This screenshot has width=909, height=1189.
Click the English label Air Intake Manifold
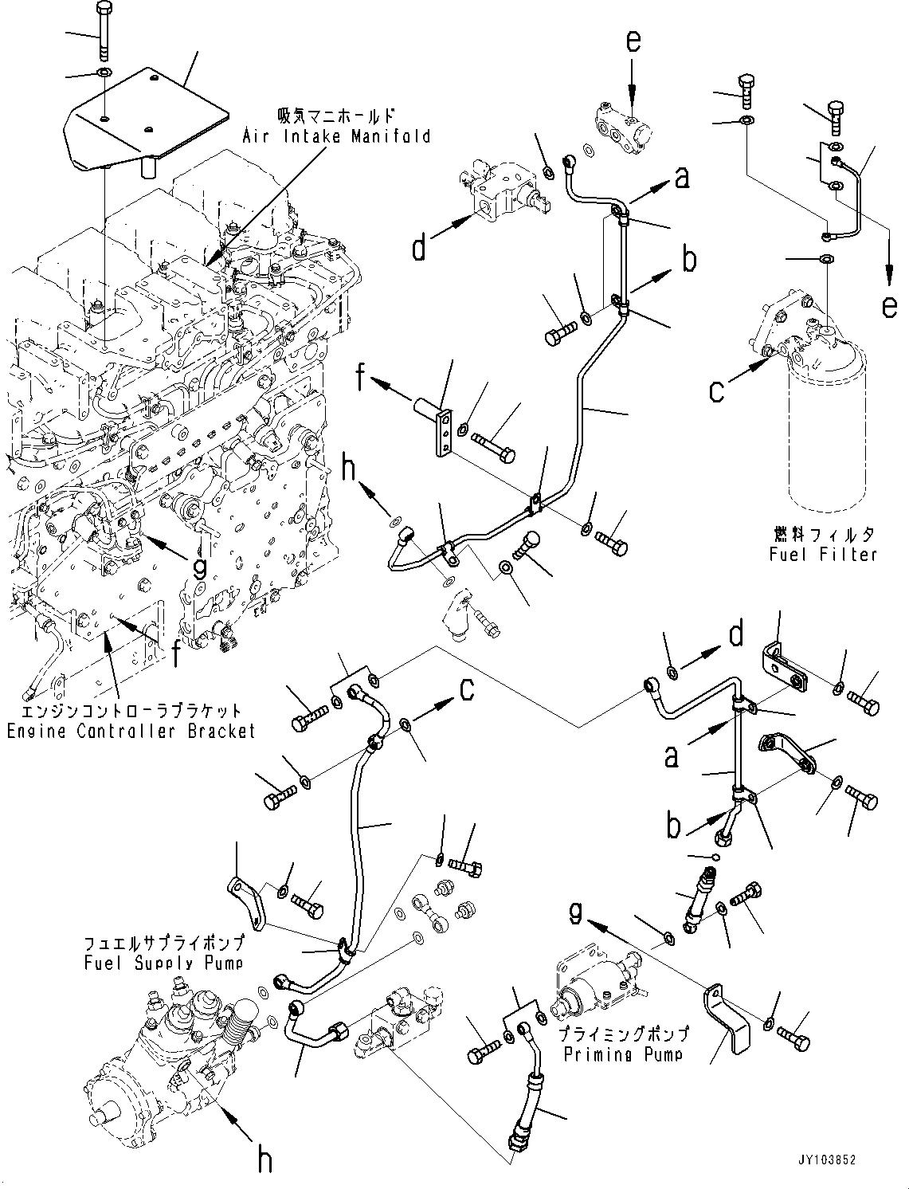[x=336, y=135]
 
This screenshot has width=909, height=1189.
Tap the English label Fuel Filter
[x=823, y=554]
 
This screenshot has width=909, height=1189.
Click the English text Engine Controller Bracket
[x=131, y=732]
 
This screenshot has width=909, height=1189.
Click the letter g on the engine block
[x=201, y=567]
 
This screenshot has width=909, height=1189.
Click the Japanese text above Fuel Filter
[x=823, y=535]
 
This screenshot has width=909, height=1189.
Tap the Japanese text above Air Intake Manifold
[x=335, y=116]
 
